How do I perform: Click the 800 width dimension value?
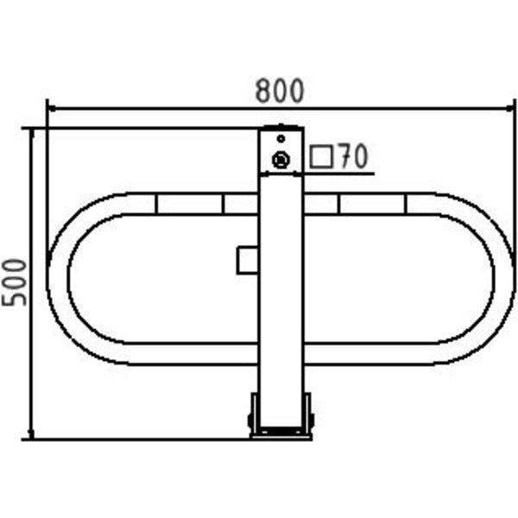pos(280,91)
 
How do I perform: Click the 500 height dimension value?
pos(14,283)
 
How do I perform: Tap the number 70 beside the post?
pos(353,156)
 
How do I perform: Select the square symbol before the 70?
pos(321,157)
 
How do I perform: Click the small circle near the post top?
pos(281,139)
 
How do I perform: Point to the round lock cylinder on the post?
pos(281,161)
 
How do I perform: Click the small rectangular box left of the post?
pos(248,260)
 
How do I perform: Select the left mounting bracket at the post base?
pos(253,414)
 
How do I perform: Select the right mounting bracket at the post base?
pos(308,414)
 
